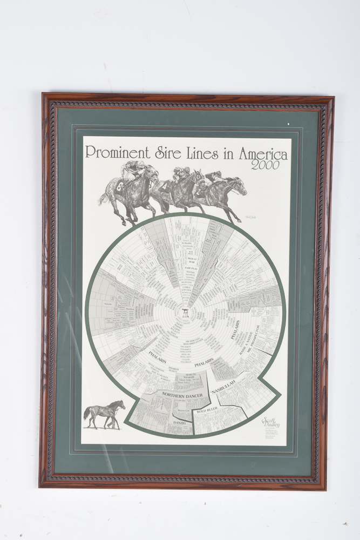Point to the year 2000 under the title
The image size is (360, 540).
[265, 165]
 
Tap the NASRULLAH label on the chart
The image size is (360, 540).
[221, 388]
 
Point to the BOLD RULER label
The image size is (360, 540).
[207, 411]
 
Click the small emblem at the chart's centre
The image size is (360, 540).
[184, 313]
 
